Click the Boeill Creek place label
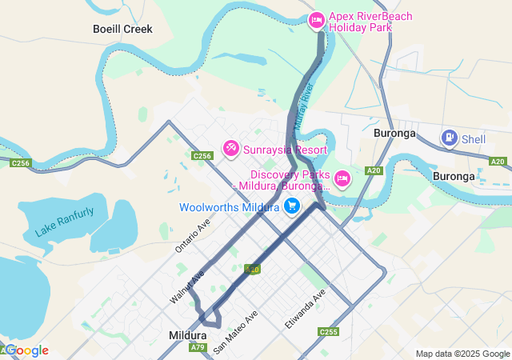(122, 29)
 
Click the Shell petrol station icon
(450, 138)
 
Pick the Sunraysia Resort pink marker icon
(230, 149)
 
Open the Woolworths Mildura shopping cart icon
(293, 206)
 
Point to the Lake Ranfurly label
(64, 222)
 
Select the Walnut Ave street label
(187, 286)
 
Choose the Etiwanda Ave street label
(306, 310)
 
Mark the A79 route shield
(198, 347)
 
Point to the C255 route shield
(328, 331)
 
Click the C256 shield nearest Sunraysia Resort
(202, 156)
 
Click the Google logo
(26, 350)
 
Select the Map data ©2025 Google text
(462, 354)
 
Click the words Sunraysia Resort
(285, 150)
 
